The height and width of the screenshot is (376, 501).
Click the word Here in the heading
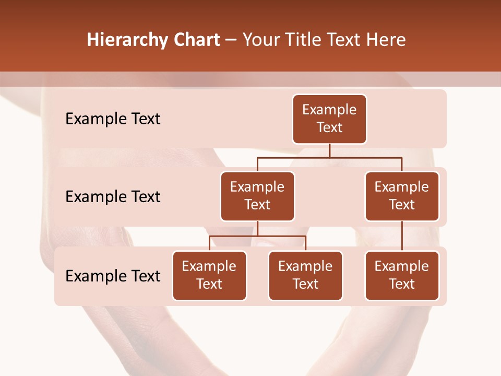(x=385, y=40)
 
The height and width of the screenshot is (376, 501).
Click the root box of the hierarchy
(x=329, y=119)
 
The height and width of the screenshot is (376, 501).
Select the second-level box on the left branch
(x=257, y=196)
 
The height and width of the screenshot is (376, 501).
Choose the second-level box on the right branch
(x=402, y=196)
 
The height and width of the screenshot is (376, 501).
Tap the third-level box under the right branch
(x=402, y=276)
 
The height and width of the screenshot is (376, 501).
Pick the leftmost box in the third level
(x=209, y=276)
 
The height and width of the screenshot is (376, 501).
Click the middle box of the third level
(x=305, y=276)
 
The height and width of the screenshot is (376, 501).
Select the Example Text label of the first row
(x=113, y=119)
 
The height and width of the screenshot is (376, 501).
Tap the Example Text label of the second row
(x=113, y=197)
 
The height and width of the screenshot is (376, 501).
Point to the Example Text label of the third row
(x=113, y=276)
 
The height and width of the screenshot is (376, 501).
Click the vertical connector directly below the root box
(x=329, y=150)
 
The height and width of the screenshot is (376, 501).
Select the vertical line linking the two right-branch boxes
(x=402, y=236)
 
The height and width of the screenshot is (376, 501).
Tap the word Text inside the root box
(x=329, y=128)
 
